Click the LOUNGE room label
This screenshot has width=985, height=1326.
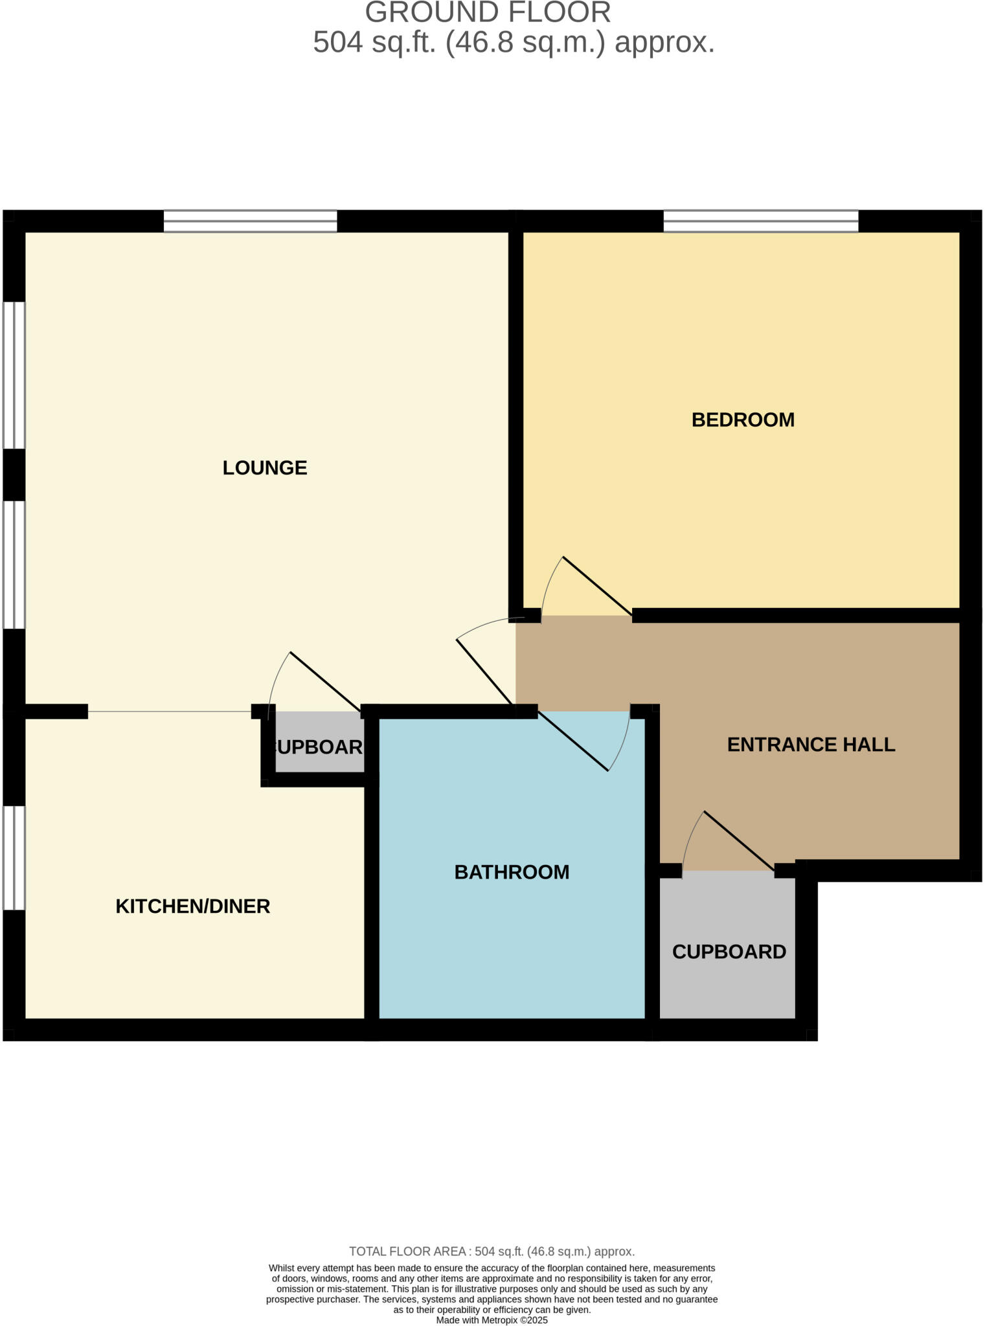click(264, 467)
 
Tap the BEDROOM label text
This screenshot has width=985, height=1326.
click(743, 420)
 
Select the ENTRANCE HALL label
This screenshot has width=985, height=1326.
click(811, 745)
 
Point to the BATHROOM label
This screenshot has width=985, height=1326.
click(512, 872)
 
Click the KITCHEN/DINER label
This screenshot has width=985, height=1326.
click(192, 906)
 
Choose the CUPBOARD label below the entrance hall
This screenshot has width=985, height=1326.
click(729, 951)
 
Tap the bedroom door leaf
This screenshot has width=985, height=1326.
click(597, 585)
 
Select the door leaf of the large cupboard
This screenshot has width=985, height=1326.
click(739, 840)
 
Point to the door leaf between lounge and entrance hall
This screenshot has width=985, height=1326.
click(486, 671)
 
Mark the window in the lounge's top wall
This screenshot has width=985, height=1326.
click(250, 221)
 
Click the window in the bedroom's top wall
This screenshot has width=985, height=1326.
click(760, 221)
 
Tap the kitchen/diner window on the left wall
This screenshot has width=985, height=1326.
click(14, 858)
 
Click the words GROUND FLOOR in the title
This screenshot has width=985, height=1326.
click(488, 13)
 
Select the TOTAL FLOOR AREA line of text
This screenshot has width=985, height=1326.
click(492, 1251)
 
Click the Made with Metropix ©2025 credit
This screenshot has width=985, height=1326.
click(492, 1320)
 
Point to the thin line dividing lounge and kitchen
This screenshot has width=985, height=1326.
click(169, 712)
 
